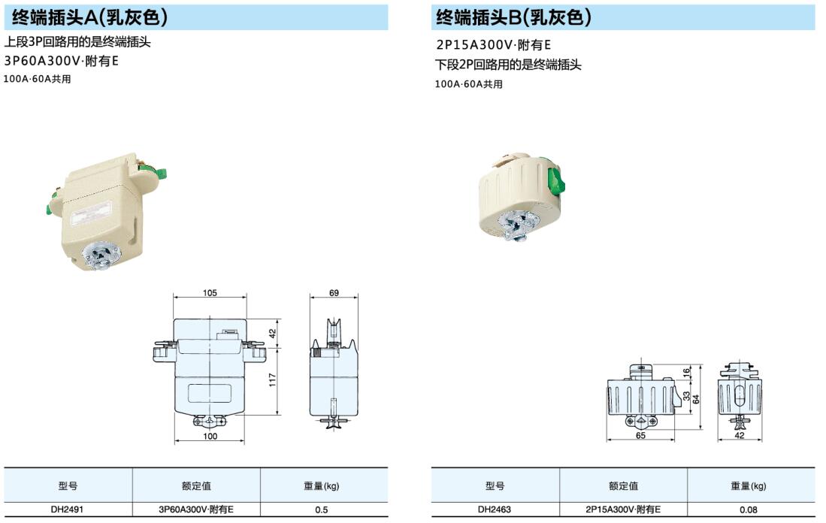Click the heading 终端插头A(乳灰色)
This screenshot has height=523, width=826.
tap(89, 17)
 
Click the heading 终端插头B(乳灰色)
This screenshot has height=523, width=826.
tap(513, 17)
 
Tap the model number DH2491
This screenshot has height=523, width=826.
tap(67, 509)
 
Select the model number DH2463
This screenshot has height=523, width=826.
tap(494, 509)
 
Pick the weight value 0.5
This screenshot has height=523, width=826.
tap(322, 509)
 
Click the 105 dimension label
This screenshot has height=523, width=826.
tap(210, 293)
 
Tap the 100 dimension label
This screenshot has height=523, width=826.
tap(210, 436)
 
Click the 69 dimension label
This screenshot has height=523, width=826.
tap(334, 293)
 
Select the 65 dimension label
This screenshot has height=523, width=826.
tap(640, 435)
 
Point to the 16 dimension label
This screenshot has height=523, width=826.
tap(686, 373)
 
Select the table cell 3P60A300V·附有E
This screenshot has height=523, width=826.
tap(196, 509)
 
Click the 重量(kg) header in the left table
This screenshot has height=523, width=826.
tap(322, 486)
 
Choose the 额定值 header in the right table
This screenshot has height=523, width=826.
tap(623, 486)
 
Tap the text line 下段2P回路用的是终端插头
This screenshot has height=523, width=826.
tap(508, 65)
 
